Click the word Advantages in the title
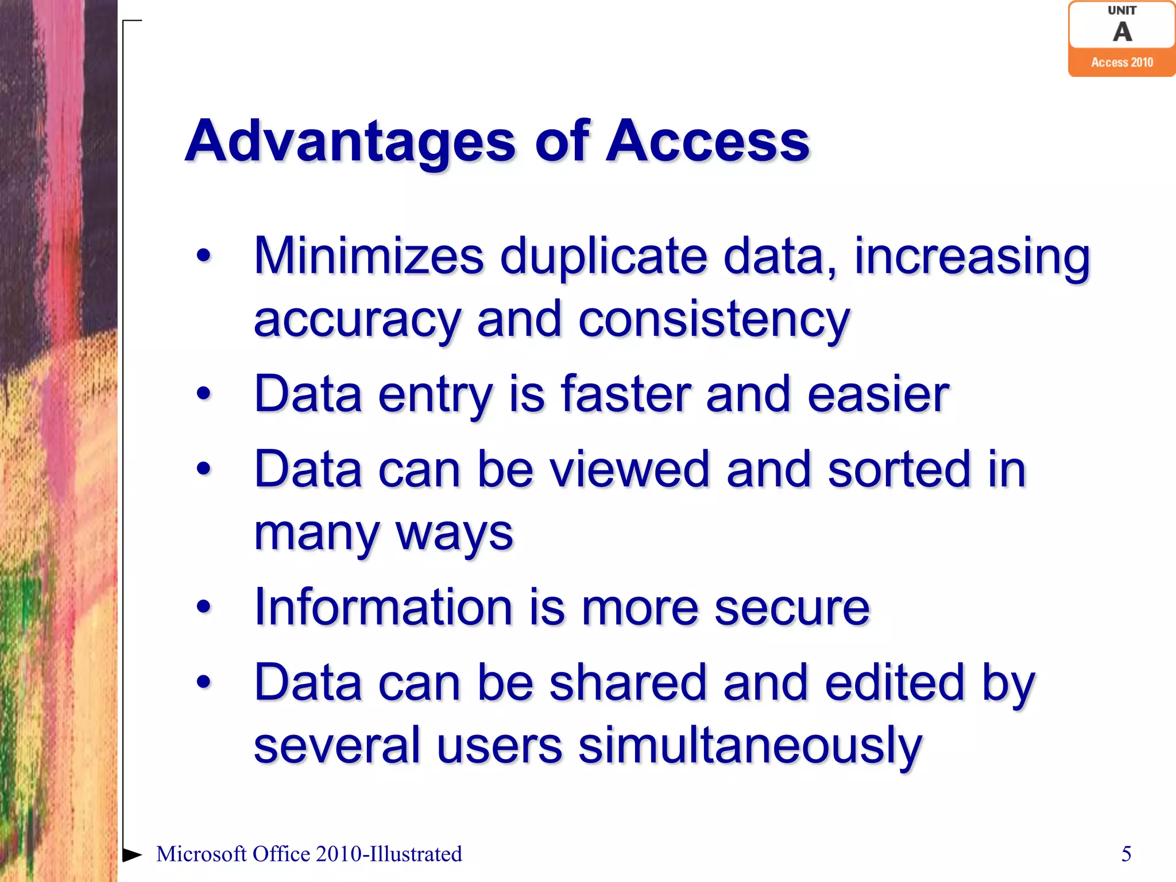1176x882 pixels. tap(350, 141)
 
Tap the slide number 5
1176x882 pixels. tap(1126, 854)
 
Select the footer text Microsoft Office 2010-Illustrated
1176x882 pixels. tap(309, 854)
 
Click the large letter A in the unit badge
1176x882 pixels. tap(1122, 32)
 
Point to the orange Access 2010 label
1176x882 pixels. tap(1122, 63)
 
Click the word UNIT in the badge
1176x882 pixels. tap(1122, 10)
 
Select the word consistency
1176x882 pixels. tap(714, 320)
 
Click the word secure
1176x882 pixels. tap(792, 608)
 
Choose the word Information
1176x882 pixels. tap(383, 608)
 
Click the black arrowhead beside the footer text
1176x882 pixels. tap(132, 854)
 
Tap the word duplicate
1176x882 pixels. tap(604, 257)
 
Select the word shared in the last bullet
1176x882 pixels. tap(628, 682)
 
